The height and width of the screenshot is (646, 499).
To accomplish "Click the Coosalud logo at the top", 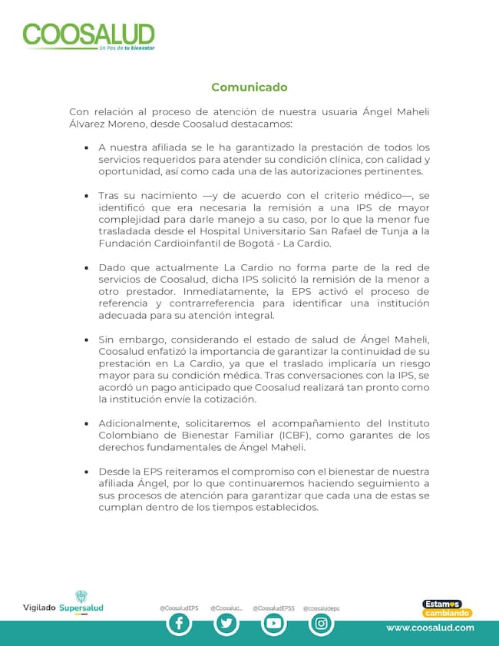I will click(x=88, y=36).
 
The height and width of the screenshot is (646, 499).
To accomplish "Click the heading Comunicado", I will click(x=249, y=88).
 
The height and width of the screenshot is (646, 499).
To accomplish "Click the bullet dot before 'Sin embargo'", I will click(x=86, y=340).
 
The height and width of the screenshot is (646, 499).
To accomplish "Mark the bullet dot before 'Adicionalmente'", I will click(x=86, y=424).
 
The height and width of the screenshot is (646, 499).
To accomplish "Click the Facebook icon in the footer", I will click(x=179, y=624).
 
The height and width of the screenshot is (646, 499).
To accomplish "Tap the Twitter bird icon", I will click(x=226, y=624).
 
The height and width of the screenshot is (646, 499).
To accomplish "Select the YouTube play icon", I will click(x=273, y=624).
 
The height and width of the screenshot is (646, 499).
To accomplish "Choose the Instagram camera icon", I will click(x=321, y=624).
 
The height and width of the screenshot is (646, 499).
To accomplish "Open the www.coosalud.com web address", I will click(x=429, y=628).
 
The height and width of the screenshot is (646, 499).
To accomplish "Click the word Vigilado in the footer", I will click(x=39, y=608).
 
